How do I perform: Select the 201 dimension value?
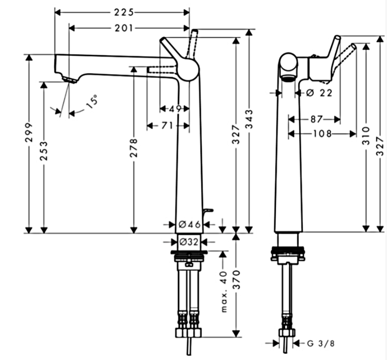(x=124, y=29)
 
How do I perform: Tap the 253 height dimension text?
(x=44, y=151)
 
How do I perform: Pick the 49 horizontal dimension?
(x=174, y=109)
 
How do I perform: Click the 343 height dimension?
(x=249, y=120)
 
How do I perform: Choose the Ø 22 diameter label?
(x=319, y=93)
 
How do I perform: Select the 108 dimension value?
(x=322, y=134)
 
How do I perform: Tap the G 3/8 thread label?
(x=318, y=343)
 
